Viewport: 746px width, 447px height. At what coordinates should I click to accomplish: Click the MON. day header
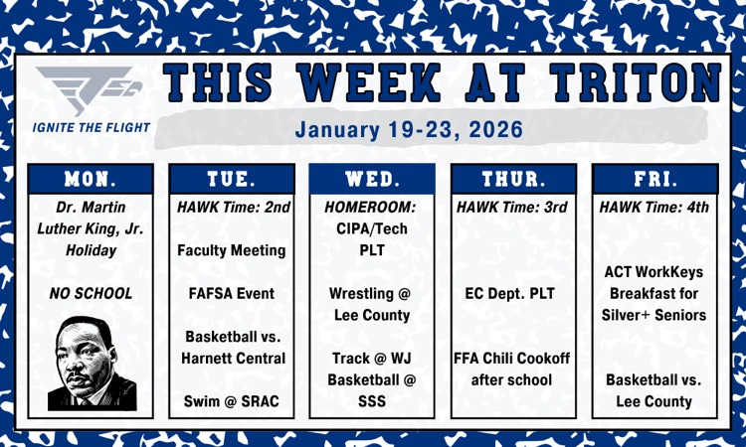[91, 179]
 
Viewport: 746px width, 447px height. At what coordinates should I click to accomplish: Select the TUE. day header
[231, 179]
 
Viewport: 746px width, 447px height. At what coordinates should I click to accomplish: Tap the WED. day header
[372, 179]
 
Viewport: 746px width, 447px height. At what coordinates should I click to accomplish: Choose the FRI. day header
[654, 179]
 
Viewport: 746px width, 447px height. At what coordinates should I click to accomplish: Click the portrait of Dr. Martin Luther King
[92, 363]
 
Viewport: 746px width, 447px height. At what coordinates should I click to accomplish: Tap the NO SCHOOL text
[91, 294]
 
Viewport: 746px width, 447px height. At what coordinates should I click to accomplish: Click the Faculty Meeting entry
[231, 250]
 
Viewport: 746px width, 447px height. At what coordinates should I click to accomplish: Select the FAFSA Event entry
[231, 294]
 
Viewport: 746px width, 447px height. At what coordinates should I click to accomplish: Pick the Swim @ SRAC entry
[231, 401]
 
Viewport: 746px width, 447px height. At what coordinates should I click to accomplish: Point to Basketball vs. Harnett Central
[231, 348]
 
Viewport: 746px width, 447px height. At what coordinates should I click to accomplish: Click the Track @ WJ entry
[372, 359]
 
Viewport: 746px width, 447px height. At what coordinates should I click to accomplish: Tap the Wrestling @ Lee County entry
[372, 305]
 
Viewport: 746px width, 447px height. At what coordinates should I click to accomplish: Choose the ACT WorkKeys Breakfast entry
[654, 293]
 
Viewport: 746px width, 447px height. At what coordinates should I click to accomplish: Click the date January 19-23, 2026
[409, 130]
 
